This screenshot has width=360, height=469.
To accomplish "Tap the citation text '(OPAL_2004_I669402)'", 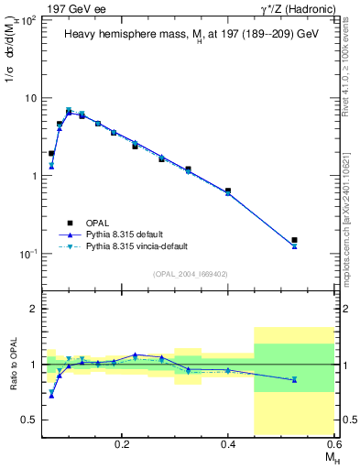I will tap(191, 273).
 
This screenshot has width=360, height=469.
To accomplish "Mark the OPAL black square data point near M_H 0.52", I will tap(294, 240).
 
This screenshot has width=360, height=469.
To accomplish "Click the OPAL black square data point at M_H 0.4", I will tap(228, 191).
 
